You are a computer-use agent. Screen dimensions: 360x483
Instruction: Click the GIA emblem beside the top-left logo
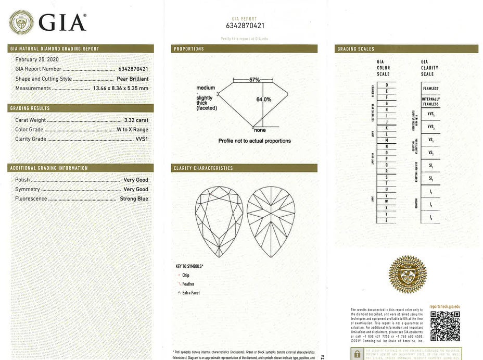pos(21,22)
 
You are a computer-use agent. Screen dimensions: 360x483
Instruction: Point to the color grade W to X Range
pos(133,130)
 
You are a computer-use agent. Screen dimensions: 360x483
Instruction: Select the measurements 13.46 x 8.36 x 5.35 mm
pos(120,88)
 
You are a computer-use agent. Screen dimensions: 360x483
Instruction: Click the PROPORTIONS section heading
pos(189,49)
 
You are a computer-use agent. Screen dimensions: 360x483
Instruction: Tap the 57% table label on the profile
pos(254,80)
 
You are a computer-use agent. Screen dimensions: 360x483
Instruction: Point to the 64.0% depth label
pos(263,100)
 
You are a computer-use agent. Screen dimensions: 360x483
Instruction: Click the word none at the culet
pos(260,130)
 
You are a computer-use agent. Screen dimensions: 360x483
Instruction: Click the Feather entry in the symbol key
pos(188,284)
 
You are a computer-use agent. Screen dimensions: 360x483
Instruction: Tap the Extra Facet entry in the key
pos(190,293)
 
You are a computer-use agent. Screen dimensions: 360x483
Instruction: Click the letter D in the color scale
pos(386,84)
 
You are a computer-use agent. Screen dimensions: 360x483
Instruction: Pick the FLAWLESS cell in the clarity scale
pos(430,89)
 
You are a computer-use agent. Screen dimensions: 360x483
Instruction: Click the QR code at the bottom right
pos(445,326)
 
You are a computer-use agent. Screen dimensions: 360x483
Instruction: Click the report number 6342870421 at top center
pos(245,26)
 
